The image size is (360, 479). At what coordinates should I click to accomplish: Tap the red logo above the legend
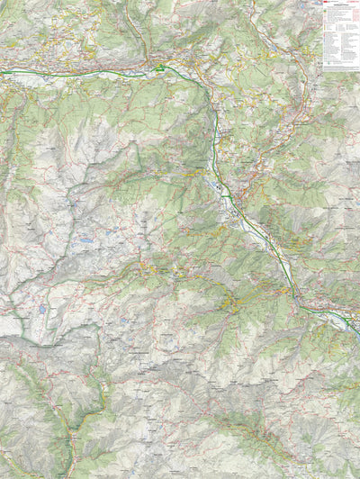click(x=327, y=3)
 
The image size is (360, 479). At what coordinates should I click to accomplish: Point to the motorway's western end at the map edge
click(x=2, y=71)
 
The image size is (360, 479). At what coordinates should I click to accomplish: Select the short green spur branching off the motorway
click(x=224, y=187)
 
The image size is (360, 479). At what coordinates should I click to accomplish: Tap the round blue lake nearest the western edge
click(x=42, y=309)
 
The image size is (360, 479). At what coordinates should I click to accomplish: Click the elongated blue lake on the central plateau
click(x=85, y=241)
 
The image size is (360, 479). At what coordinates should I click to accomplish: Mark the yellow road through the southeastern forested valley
click(x=261, y=432)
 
